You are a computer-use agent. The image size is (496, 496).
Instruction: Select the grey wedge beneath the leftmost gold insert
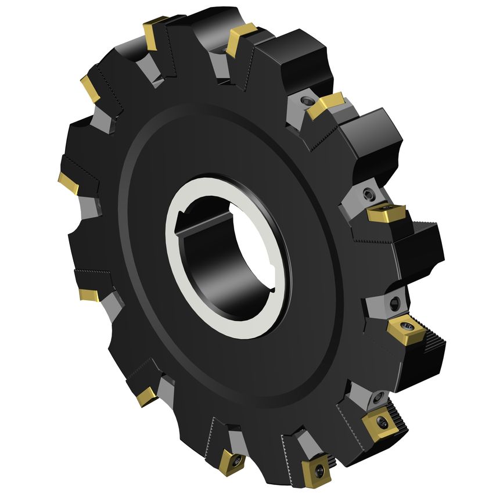[89, 205]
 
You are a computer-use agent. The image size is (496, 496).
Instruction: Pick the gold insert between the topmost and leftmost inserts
[90, 89]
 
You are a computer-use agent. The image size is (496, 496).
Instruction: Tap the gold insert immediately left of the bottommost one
[231, 462]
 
